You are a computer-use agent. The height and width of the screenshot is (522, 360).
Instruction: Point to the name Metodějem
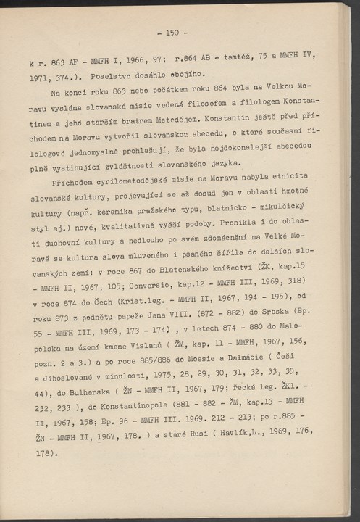tap(159, 117)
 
